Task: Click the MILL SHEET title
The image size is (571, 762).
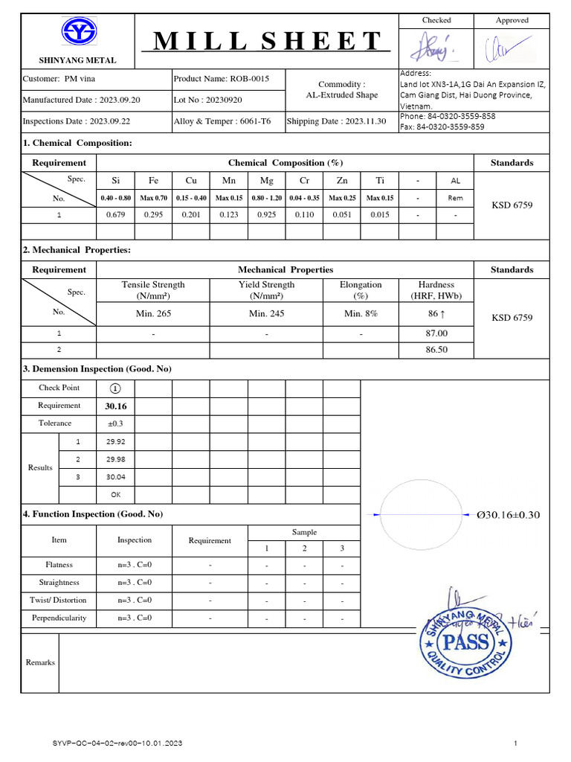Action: (x=267, y=42)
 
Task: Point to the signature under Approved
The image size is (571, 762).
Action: (x=510, y=48)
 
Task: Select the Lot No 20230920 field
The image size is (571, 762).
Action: (x=207, y=99)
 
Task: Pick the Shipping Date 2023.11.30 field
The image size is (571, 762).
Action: (x=337, y=121)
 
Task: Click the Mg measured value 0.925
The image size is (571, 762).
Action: (x=266, y=214)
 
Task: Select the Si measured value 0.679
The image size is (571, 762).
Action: (x=115, y=214)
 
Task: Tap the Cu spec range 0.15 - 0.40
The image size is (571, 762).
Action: (x=191, y=198)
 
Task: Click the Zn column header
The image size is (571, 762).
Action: (x=341, y=180)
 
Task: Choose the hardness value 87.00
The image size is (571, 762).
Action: (x=436, y=333)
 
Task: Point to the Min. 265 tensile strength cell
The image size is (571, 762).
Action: (x=153, y=313)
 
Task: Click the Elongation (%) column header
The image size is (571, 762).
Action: (x=361, y=289)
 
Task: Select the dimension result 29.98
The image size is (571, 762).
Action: (x=116, y=459)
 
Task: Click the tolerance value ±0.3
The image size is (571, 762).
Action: (x=116, y=423)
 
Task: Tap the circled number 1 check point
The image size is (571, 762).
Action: (x=115, y=388)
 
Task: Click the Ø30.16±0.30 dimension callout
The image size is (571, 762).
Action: (x=509, y=514)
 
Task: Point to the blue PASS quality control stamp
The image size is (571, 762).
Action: (x=466, y=641)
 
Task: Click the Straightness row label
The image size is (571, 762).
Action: (x=59, y=582)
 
